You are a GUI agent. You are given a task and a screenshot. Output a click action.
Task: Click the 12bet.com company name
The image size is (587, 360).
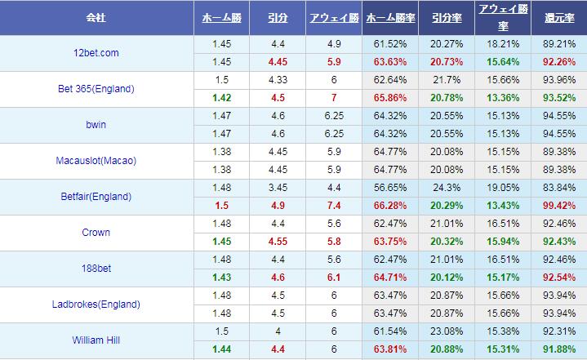point(96,53)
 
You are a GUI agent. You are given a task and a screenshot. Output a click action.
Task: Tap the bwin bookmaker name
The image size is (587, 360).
point(96,125)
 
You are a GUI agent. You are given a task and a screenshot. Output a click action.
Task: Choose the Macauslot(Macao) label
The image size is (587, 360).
point(96,161)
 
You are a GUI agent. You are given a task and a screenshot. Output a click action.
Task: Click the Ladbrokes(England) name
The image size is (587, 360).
point(96,304)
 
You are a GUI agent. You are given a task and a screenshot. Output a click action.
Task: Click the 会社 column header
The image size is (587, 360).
point(96,17)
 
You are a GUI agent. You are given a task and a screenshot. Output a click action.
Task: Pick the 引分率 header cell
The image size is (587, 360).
point(446,17)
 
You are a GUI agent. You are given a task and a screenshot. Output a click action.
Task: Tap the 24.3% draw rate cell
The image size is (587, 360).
point(446,188)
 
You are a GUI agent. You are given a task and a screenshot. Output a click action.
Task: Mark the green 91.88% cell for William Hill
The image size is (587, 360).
point(558,349)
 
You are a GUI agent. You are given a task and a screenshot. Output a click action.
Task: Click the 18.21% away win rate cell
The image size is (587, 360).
point(502,44)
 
